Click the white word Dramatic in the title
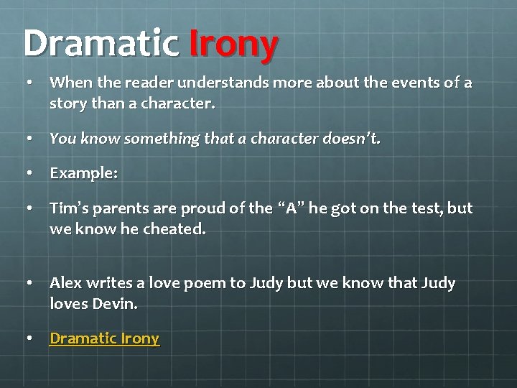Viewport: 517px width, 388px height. [101, 45]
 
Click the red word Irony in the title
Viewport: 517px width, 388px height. [233, 45]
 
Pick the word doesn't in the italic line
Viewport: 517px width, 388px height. [354, 139]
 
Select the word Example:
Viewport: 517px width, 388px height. [83, 174]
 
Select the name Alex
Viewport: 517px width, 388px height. [66, 283]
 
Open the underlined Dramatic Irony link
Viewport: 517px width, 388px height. [104, 338]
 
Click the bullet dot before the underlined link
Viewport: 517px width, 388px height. [28, 338]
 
